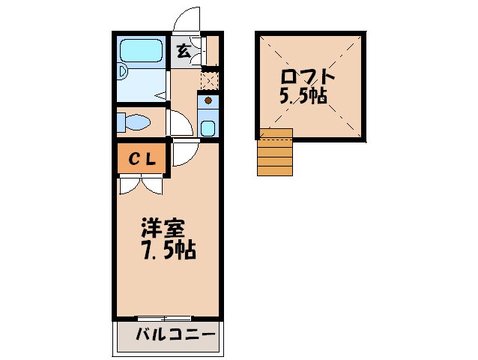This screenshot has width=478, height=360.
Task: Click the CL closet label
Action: point(141,159)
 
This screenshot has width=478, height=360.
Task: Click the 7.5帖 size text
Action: point(169,250)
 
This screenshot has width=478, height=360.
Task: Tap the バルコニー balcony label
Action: point(175,334)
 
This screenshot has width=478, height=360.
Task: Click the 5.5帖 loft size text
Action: point(304,97)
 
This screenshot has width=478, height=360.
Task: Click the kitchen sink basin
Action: point(208,127)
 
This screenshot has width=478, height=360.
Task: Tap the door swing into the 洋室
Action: point(183,154)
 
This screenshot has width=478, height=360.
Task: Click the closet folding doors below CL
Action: point(141,185)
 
